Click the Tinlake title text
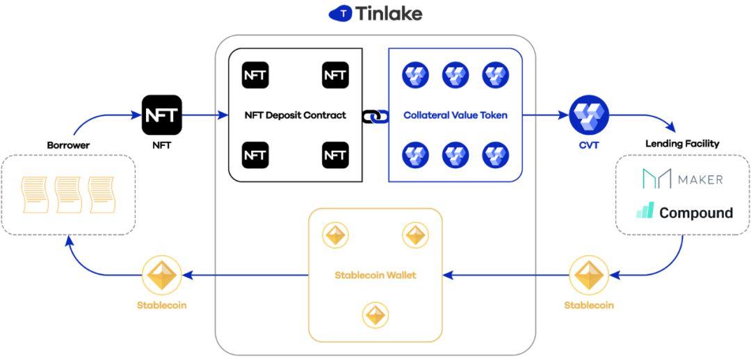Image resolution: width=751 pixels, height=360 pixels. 389,13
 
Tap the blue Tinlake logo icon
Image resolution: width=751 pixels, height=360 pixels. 341,14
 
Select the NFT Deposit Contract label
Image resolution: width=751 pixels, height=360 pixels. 296,115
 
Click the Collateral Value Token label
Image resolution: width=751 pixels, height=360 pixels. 455,115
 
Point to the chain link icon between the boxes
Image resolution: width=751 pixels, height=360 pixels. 375,115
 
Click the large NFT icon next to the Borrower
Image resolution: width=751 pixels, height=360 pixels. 162,115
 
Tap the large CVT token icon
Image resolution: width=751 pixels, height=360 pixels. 589,115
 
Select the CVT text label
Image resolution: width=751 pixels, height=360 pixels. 589,145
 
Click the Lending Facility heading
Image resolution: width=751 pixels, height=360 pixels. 683,144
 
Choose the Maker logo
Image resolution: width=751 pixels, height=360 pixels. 683,179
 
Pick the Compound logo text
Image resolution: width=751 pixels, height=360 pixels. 696,213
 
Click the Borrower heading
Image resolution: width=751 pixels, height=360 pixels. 68,145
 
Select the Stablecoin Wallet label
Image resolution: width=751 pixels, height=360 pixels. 375,275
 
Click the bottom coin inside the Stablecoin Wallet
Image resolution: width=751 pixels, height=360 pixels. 375,315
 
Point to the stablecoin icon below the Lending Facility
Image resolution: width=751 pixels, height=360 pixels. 589,275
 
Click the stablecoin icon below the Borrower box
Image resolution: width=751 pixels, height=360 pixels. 162,275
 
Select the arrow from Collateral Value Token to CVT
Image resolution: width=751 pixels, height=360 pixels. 546,115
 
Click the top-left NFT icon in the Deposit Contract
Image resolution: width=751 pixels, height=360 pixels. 255,75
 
